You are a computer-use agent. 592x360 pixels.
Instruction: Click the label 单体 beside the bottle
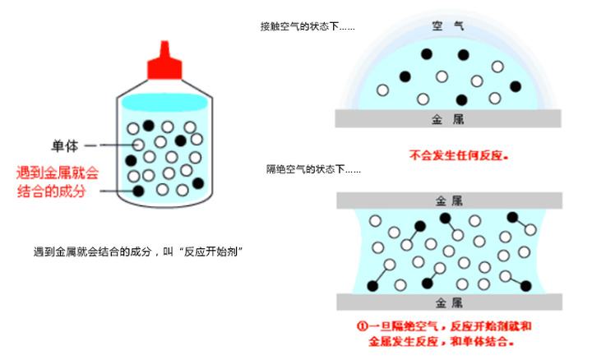[x=65, y=146]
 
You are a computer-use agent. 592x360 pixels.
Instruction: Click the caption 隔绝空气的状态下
[x=301, y=170]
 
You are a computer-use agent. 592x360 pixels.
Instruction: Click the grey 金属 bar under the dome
[x=447, y=119]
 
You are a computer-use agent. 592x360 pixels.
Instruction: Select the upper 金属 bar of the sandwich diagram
[x=447, y=200]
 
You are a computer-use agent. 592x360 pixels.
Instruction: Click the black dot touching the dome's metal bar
[x=461, y=100]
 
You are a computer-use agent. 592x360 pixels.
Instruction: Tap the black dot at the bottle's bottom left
[x=138, y=191]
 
